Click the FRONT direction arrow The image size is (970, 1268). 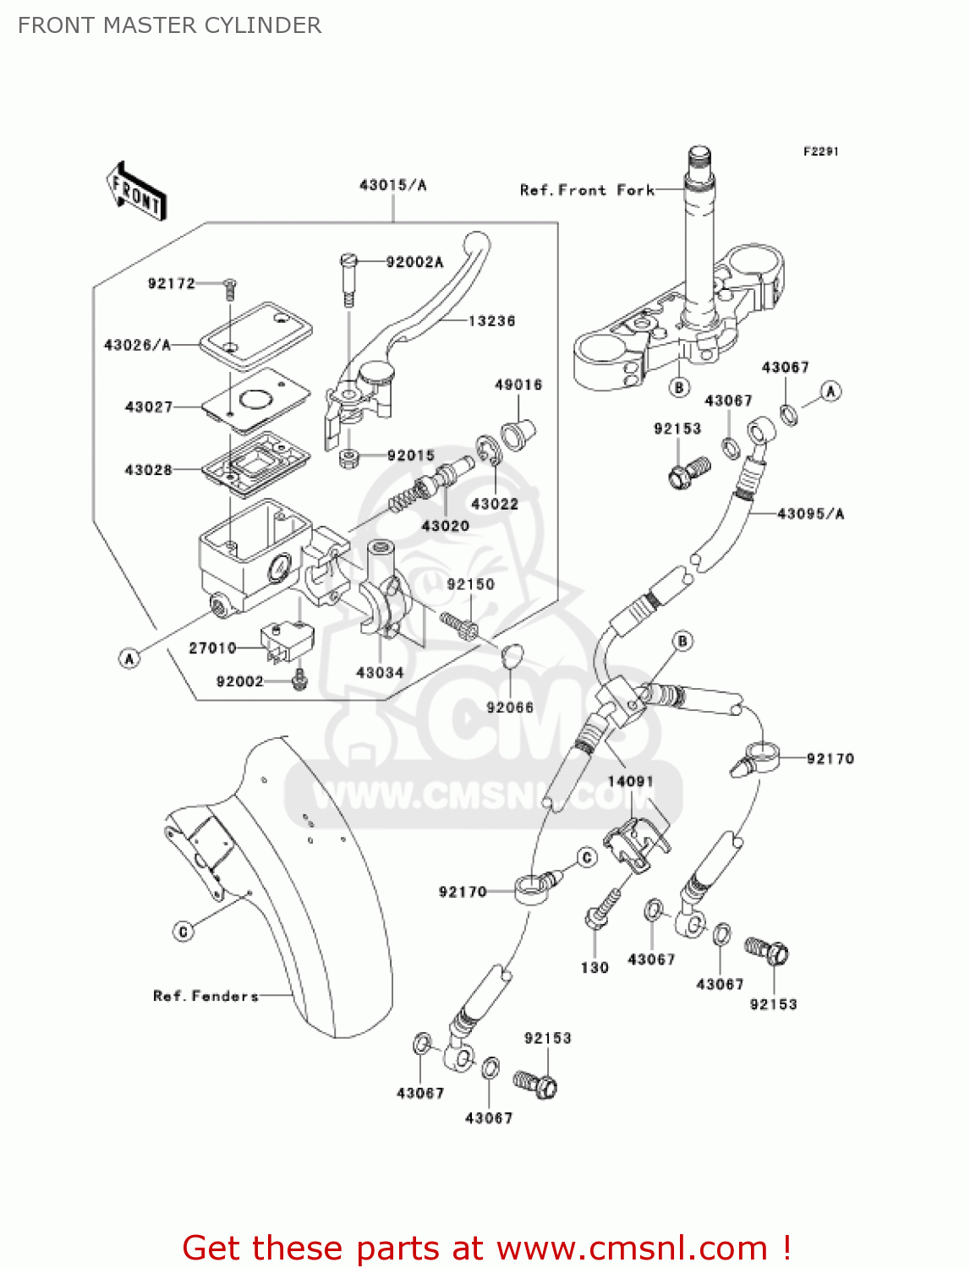[x=135, y=191]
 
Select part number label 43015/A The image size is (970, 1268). [x=392, y=185]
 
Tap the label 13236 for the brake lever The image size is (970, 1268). [x=491, y=321]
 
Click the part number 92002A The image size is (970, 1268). [x=414, y=262]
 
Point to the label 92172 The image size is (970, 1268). [x=171, y=284]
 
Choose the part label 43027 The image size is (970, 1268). [x=149, y=407]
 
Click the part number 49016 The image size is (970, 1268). [x=518, y=385]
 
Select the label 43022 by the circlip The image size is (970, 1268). [x=495, y=505]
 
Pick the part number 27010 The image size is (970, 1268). [x=212, y=648]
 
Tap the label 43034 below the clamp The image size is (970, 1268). [x=380, y=673]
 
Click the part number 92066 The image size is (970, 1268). [x=510, y=708]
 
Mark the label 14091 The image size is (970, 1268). [x=631, y=781]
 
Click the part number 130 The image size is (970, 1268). [x=595, y=968]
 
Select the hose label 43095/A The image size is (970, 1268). [x=810, y=514]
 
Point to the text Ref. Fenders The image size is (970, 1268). [x=206, y=996]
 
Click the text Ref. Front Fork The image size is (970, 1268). [x=587, y=190]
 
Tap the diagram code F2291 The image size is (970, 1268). [x=820, y=151]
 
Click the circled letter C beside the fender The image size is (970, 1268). [x=184, y=932]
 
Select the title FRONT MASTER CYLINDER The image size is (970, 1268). [x=170, y=25]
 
